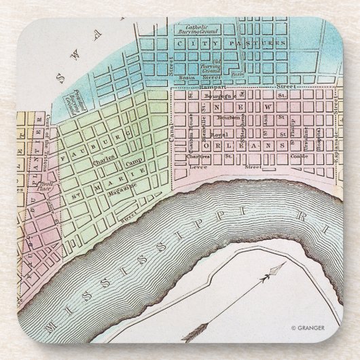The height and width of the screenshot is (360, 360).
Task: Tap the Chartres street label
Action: click(199, 156)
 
